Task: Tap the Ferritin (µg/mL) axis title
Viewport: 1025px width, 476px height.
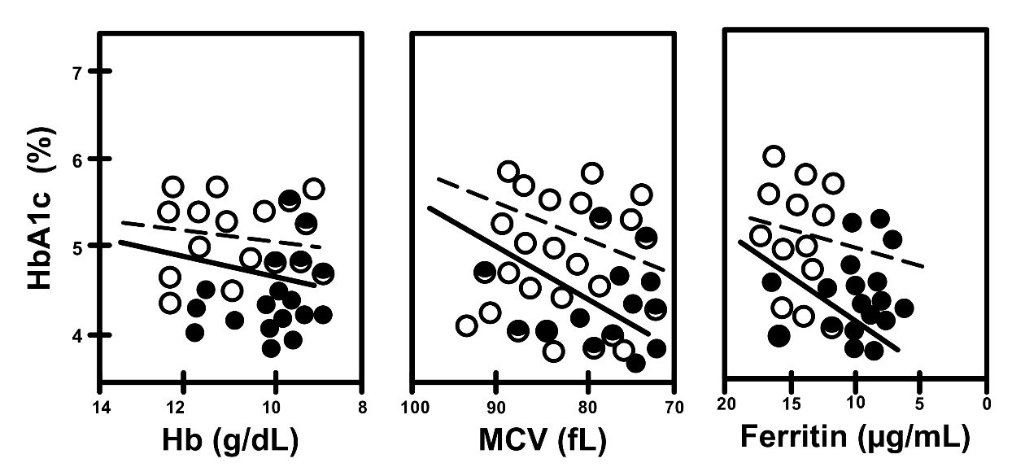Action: click(854, 439)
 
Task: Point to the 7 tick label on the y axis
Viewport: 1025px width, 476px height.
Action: click(77, 73)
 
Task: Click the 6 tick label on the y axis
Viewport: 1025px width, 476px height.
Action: click(77, 159)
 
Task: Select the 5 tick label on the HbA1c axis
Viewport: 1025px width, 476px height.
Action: click(77, 246)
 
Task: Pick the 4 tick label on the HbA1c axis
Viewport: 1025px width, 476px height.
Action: click(77, 334)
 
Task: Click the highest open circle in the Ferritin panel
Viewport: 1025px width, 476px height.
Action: click(774, 156)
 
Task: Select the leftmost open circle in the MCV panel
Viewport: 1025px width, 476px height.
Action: click(467, 325)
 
